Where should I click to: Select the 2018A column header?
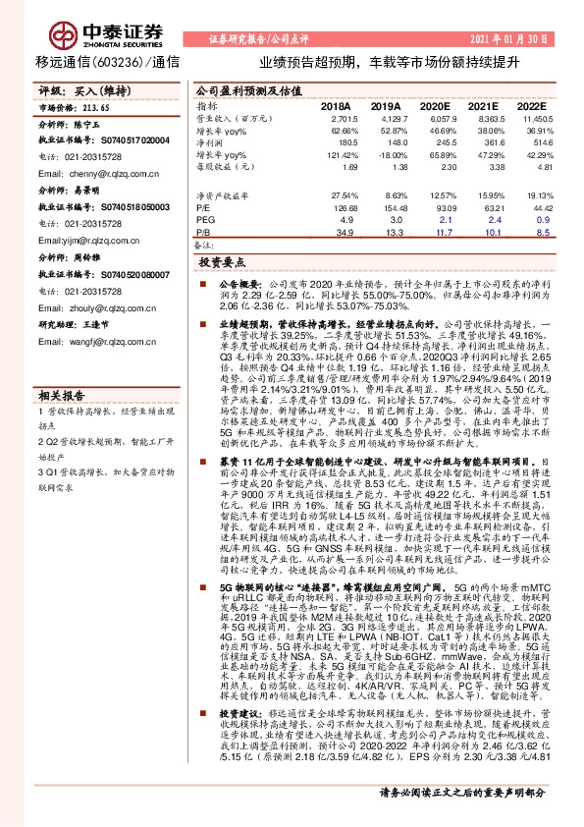click(336, 105)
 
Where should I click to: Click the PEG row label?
click(205, 220)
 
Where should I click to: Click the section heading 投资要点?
click(221, 264)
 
